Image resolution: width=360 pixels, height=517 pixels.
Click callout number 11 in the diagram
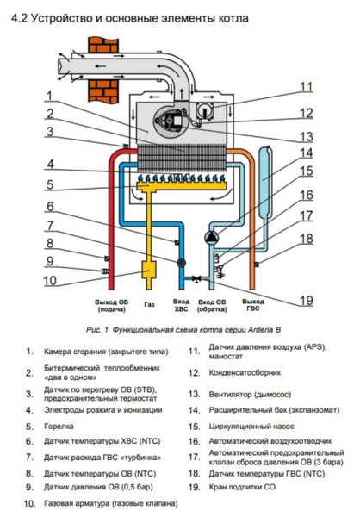coord(307,86)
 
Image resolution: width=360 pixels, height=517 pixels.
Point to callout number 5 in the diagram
coord(50,184)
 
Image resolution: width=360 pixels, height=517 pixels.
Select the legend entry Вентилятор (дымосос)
coord(252,393)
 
